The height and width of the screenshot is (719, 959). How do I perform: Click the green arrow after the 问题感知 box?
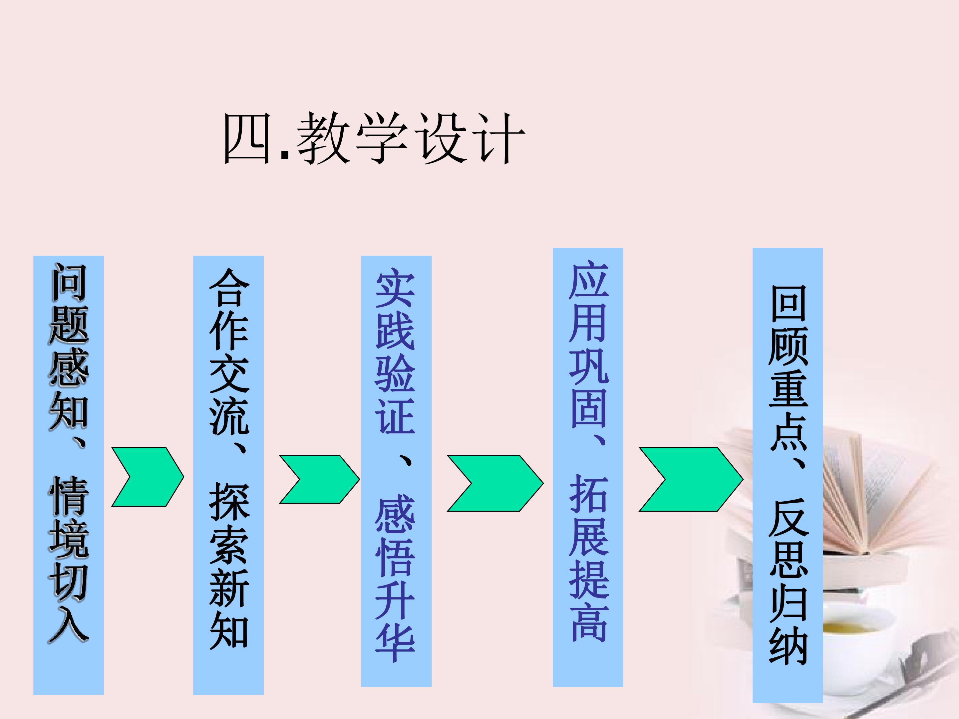(x=148, y=477)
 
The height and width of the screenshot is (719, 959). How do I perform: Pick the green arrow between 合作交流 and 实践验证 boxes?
(x=319, y=479)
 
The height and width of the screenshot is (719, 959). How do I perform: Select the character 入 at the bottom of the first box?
(x=69, y=624)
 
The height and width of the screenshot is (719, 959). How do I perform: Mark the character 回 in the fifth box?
(x=788, y=303)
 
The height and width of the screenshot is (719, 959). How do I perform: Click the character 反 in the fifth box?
(x=788, y=518)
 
